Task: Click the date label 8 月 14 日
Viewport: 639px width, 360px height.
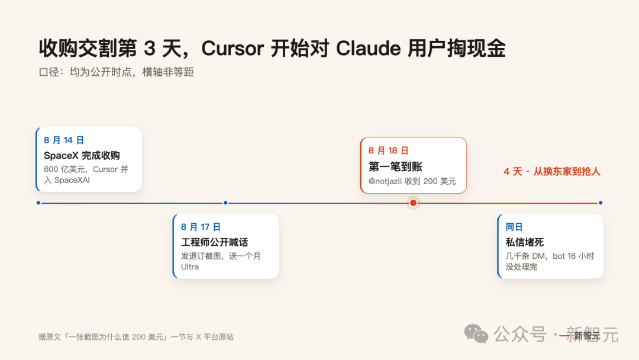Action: click(63, 140)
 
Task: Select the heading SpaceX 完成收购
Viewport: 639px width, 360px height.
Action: click(82, 155)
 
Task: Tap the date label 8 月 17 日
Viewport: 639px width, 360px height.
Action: click(201, 227)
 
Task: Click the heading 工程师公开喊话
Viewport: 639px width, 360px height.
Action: click(214, 242)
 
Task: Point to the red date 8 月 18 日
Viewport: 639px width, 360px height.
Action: click(388, 151)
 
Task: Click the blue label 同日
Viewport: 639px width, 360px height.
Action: click(514, 227)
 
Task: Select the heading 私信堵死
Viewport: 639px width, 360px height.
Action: click(524, 242)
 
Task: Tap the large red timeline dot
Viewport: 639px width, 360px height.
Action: click(413, 202)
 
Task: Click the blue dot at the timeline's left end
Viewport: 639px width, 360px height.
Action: click(38, 202)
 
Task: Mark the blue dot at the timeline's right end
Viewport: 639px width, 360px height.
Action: click(601, 202)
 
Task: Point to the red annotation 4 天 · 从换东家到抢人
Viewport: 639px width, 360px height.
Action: click(552, 172)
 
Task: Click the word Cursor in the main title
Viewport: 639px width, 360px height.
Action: click(233, 49)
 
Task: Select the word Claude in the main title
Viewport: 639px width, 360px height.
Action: click(369, 49)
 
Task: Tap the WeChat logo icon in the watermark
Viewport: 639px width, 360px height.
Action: click(476, 334)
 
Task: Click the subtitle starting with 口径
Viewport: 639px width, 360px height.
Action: click(116, 72)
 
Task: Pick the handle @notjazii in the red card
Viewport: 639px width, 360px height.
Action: click(385, 181)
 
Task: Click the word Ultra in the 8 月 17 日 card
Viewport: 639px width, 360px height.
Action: click(190, 266)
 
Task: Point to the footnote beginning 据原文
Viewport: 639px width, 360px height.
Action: click(136, 337)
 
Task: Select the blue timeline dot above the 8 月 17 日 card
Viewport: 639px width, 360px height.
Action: click(225, 202)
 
